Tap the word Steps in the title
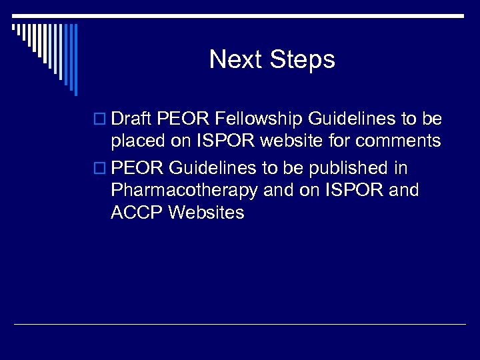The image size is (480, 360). click(x=303, y=60)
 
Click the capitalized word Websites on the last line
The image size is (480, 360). click(x=207, y=213)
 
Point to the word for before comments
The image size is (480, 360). click(x=338, y=141)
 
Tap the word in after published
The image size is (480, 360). click(x=399, y=167)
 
